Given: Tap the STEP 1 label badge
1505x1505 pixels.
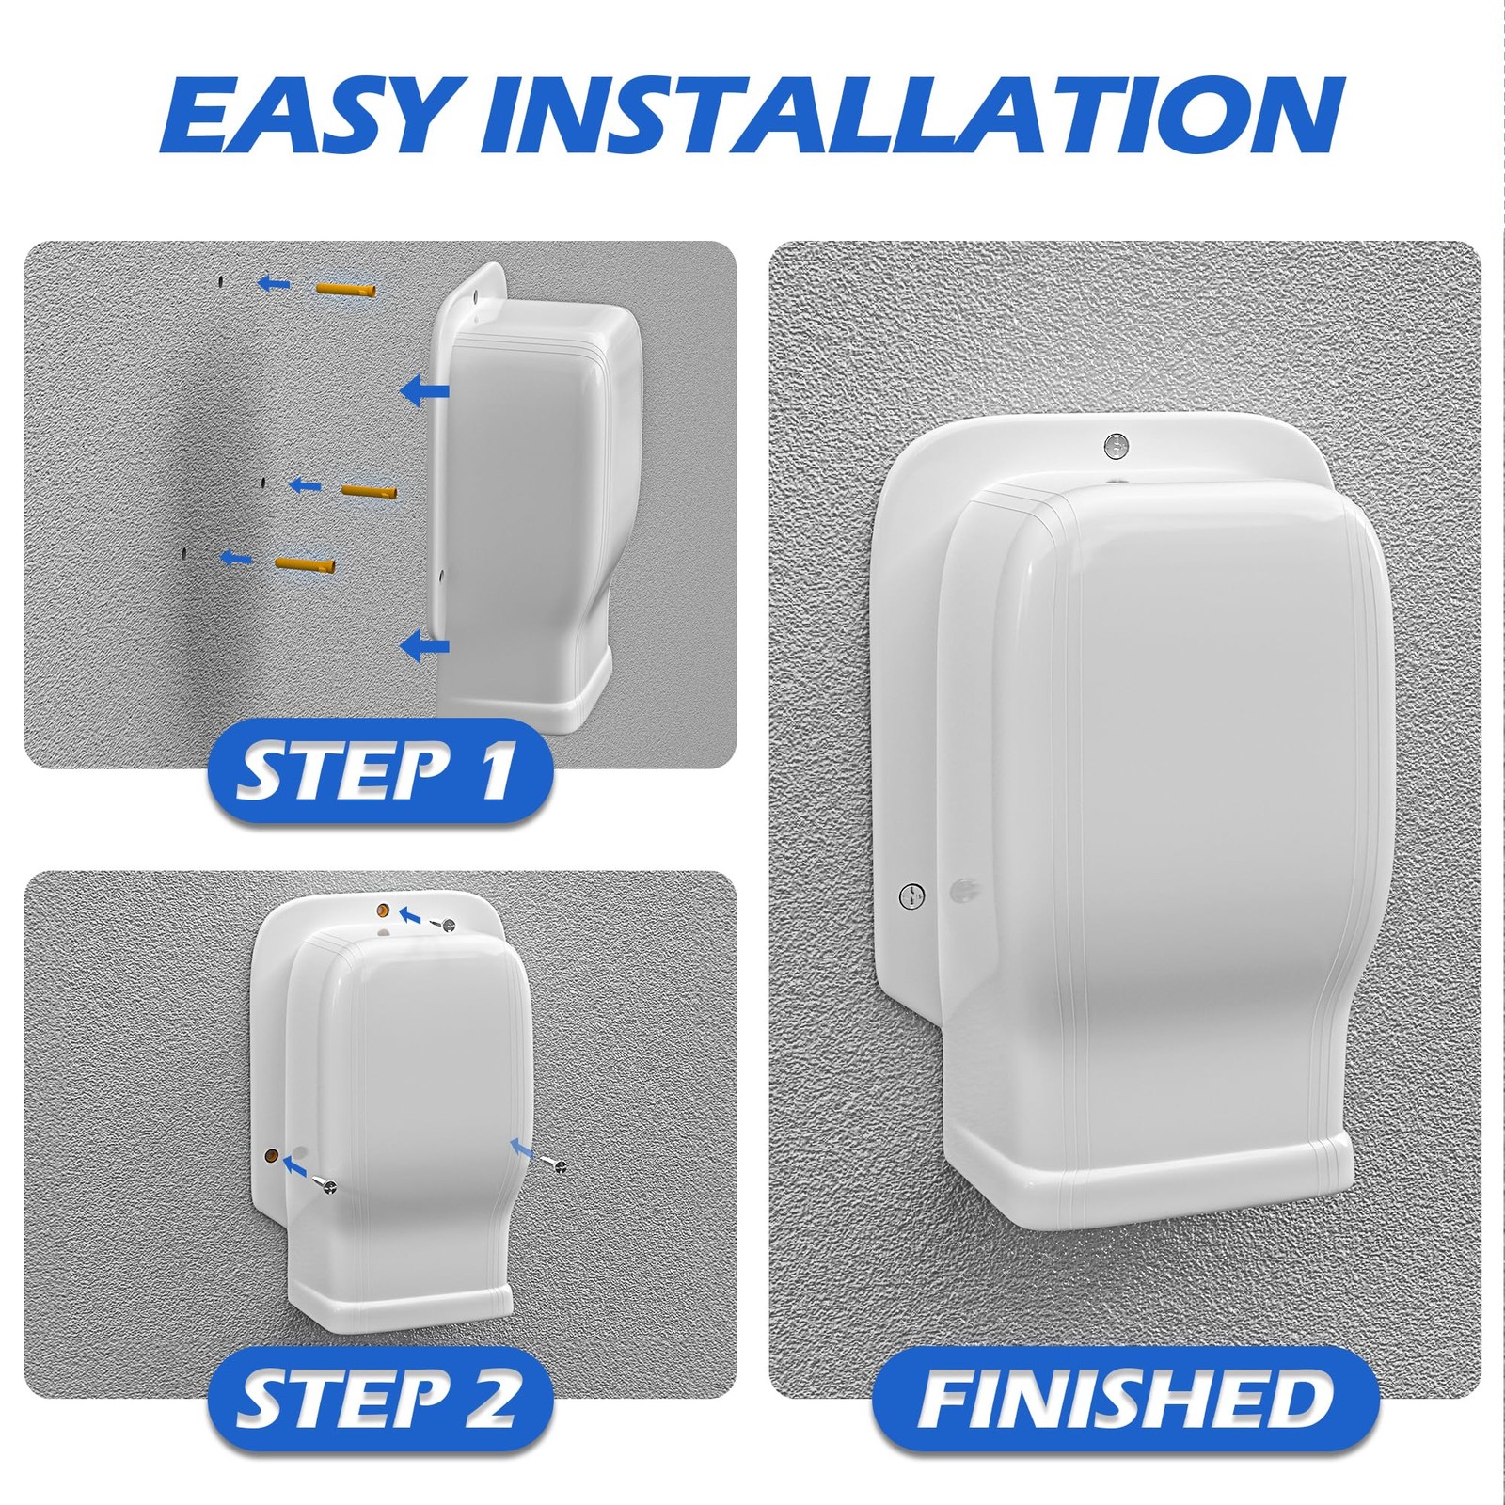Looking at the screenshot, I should [379, 771].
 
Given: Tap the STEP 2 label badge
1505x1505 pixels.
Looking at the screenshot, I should [379, 1399].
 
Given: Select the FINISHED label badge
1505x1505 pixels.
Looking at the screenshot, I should [1125, 1399].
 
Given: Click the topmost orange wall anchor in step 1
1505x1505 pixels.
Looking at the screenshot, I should [345, 289].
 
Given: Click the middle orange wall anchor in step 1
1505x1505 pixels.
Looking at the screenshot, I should [369, 491].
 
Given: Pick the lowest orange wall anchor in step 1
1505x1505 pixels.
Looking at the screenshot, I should [305, 564].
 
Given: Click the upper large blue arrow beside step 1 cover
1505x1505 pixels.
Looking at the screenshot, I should [424, 390].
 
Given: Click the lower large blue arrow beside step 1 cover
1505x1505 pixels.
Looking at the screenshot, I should [424, 646].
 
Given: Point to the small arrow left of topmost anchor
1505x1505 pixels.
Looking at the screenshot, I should [274, 282].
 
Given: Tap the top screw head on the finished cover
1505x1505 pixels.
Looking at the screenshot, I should [1116, 445].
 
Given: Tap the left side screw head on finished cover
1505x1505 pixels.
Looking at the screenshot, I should [911, 895].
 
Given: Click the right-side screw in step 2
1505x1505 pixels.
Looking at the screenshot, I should [557, 1166].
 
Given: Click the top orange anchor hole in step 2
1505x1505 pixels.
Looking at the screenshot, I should [383, 910].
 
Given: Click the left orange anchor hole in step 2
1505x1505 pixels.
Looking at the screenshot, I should [270, 1154].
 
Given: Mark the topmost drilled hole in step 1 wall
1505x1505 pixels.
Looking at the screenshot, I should [217, 280].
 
